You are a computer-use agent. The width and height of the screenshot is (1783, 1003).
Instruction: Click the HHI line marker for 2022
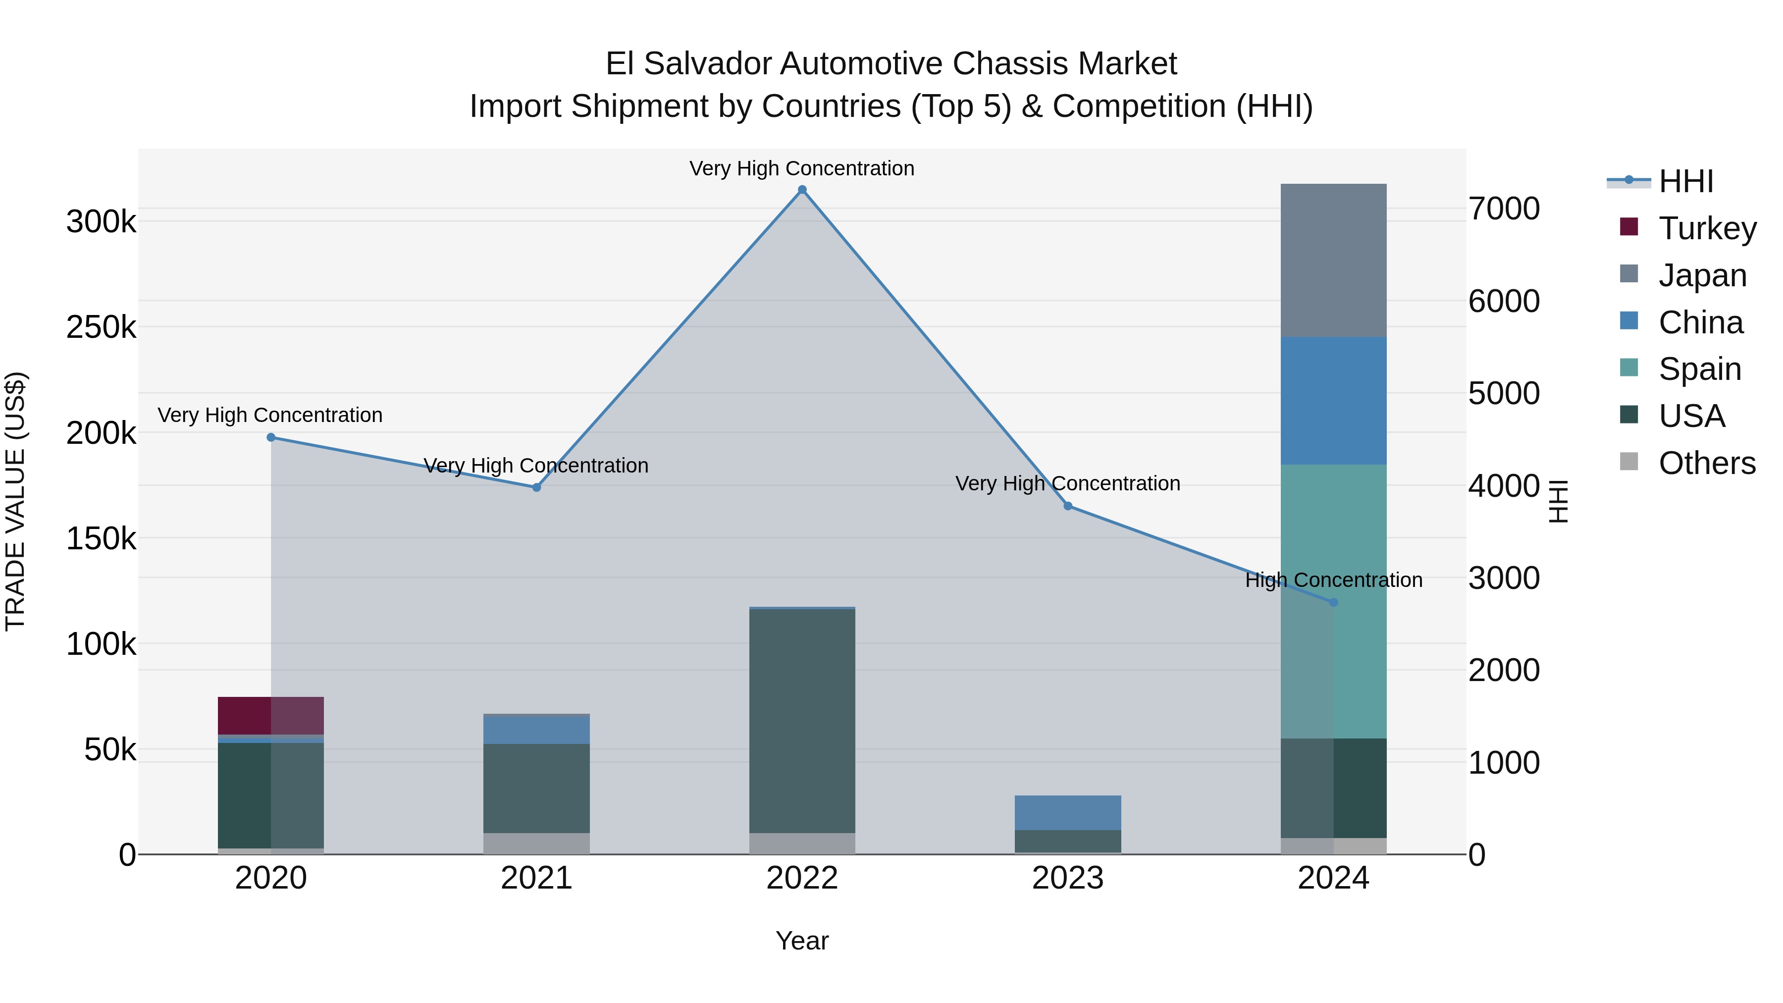[x=802, y=190]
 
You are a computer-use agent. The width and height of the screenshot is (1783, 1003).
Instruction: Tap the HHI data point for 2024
[x=1334, y=602]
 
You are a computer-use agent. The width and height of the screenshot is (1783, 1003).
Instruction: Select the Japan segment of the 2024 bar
[x=1333, y=260]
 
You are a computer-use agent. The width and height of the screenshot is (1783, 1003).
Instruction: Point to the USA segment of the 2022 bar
[x=802, y=720]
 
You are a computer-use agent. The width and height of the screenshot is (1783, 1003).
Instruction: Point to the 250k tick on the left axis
[x=101, y=327]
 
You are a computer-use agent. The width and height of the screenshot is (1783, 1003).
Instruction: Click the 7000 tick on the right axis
[x=1503, y=209]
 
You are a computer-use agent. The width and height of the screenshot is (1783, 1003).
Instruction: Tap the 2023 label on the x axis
[x=1067, y=878]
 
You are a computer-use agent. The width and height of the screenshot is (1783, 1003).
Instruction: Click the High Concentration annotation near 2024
[x=1333, y=580]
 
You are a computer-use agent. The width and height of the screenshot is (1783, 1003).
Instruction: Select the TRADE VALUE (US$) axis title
[x=15, y=501]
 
